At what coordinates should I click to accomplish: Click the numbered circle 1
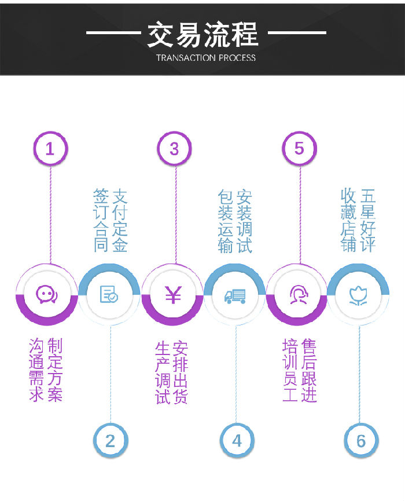(x=50, y=149)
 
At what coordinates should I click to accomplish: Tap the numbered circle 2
(x=110, y=441)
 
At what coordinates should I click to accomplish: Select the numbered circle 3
(x=174, y=149)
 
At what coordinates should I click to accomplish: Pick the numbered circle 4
(x=237, y=441)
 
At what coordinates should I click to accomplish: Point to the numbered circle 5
(x=299, y=149)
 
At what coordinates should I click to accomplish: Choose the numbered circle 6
(x=361, y=441)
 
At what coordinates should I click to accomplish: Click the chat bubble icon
(x=46, y=294)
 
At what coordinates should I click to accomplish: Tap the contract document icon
(x=109, y=294)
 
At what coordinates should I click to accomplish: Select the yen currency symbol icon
(x=172, y=295)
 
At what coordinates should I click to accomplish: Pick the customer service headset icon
(x=297, y=294)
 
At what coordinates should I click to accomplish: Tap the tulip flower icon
(x=359, y=295)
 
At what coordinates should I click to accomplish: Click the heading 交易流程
(x=203, y=34)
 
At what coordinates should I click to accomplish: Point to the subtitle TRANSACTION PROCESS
(x=206, y=57)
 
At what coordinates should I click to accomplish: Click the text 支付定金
(x=120, y=220)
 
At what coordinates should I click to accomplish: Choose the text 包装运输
(x=225, y=220)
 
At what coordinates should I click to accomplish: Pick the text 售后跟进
(x=309, y=371)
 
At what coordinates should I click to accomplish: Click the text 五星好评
(x=368, y=220)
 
